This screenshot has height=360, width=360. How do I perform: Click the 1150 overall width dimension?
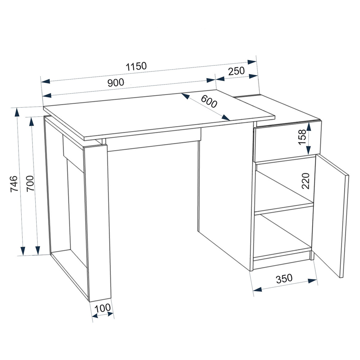point(136,66)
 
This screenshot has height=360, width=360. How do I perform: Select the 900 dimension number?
point(116,82)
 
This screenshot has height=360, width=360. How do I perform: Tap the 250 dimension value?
point(237,71)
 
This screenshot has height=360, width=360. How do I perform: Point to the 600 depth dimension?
point(209,101)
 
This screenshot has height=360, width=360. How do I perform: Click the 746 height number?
point(14,184)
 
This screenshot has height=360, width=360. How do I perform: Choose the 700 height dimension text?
point(30,184)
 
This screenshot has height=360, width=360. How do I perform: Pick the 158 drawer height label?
point(302,137)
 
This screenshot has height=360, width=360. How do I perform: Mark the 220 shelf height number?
point(306,181)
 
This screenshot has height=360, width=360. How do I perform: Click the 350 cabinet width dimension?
point(284,279)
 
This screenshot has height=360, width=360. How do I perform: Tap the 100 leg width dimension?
point(102,309)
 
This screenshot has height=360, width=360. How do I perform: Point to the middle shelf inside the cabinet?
point(284,208)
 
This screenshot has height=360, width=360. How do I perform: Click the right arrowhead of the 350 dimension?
point(313,281)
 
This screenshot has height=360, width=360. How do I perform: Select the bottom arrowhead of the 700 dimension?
point(38,250)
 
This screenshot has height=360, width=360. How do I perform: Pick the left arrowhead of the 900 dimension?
point(46,95)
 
